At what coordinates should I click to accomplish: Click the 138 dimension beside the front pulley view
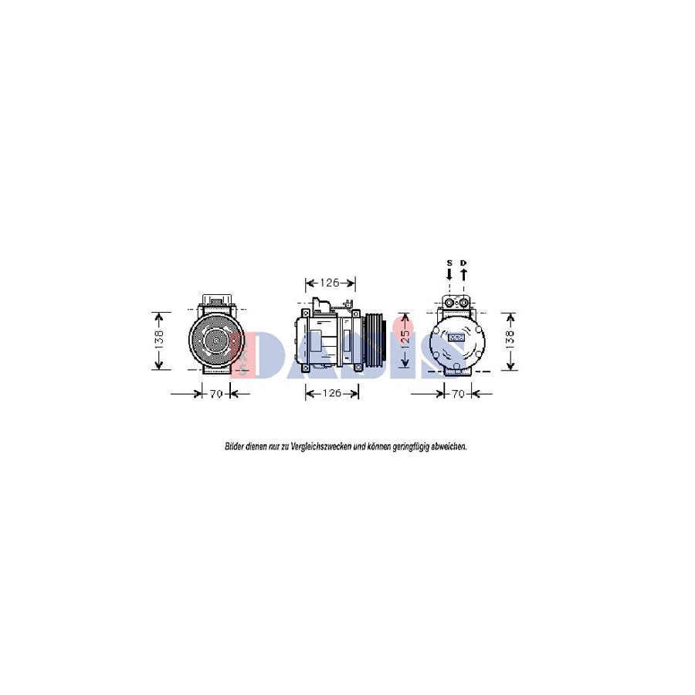[x=158, y=341]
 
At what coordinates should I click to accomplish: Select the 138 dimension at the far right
[x=510, y=341]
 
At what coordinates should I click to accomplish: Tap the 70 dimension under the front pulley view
[x=216, y=394]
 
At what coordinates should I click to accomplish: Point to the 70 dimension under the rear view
[x=458, y=394]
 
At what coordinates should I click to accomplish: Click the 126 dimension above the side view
[x=331, y=283]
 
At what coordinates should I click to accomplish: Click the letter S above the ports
[x=449, y=263]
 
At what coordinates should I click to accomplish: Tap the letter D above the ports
[x=463, y=263]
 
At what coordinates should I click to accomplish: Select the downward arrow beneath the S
[x=449, y=273]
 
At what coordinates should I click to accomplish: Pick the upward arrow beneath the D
[x=463, y=273]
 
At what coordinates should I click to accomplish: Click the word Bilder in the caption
[x=234, y=446]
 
